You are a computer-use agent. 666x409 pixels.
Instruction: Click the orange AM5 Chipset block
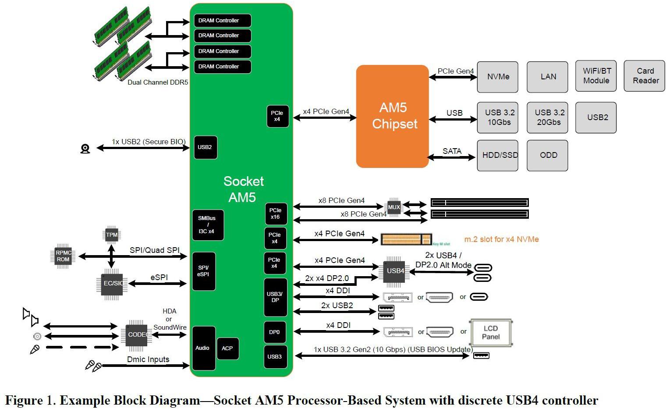point(392,116)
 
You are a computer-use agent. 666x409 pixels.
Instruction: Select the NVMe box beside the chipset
point(497,77)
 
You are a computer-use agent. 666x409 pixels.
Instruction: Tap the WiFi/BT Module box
point(595,76)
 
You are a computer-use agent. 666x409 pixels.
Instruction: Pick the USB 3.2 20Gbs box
point(547,117)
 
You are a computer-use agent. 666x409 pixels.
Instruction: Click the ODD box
point(547,155)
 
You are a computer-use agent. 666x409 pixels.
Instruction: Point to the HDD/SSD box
point(497,155)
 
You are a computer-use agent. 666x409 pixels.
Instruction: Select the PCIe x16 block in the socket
point(276,214)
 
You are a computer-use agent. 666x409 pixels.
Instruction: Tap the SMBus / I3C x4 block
point(208,225)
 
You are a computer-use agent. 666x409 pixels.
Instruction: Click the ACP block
point(227,349)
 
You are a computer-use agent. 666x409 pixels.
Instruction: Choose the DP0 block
point(275,332)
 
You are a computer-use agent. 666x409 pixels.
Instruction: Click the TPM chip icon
point(112,235)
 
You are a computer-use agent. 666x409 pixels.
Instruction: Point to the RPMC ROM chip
point(63,256)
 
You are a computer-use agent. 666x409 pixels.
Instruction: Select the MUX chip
point(393,207)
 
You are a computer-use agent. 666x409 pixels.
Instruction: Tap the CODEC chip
point(137,335)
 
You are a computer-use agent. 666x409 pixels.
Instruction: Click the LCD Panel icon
point(490,333)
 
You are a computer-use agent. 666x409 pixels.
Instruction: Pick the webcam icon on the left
point(85,149)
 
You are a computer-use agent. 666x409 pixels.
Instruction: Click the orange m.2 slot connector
point(406,239)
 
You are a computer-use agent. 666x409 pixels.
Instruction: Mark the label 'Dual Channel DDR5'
point(158,82)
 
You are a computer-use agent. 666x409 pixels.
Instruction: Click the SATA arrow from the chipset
point(452,157)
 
